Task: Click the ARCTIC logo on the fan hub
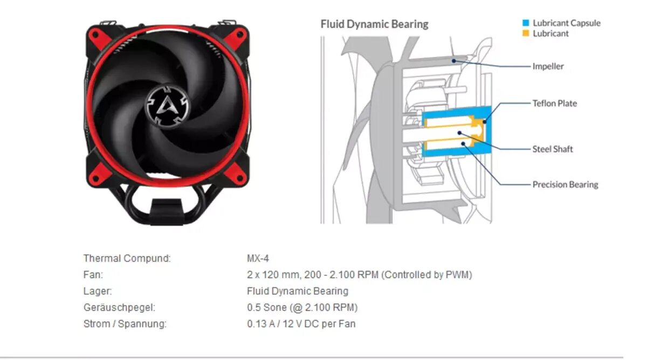pyautogui.click(x=167, y=105)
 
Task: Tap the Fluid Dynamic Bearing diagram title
pyautogui.click(x=374, y=24)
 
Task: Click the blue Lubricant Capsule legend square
pyautogui.click(x=526, y=23)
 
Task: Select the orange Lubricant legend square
pyautogui.click(x=526, y=33)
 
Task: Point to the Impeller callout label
pyautogui.click(x=548, y=66)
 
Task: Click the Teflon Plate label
pyautogui.click(x=554, y=103)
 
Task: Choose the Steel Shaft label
pyautogui.click(x=553, y=149)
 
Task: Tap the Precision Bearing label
pyautogui.click(x=565, y=184)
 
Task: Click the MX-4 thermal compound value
pyautogui.click(x=258, y=259)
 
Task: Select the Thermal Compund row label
pyautogui.click(x=127, y=259)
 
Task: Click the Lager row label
pyautogui.click(x=98, y=292)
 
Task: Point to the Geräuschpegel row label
pyautogui.click(x=119, y=308)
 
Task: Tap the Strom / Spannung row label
pyautogui.click(x=125, y=324)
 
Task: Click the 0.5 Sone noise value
pyautogui.click(x=302, y=308)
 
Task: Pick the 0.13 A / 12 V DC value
pyautogui.click(x=301, y=324)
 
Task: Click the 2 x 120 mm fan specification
pyautogui.click(x=359, y=275)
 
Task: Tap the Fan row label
pyautogui.click(x=93, y=275)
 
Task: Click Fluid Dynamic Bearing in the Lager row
pyautogui.click(x=297, y=292)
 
